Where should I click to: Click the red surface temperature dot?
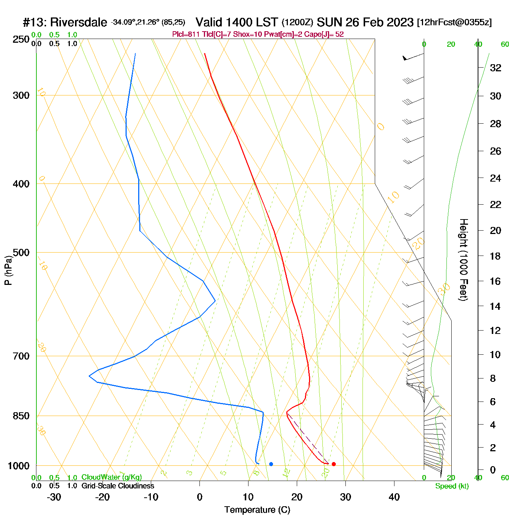334,464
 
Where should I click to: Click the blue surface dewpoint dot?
271,464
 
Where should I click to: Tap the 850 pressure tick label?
21,416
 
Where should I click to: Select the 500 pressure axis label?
21,253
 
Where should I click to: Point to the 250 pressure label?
21,39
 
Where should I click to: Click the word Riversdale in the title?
78,22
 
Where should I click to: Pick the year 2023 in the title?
399,22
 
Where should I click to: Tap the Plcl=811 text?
186,35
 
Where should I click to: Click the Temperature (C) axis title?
257,510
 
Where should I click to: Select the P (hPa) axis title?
8,270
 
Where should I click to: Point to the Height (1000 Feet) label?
464,260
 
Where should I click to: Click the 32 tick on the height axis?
495,68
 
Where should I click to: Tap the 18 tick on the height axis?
495,256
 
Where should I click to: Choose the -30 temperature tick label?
54,497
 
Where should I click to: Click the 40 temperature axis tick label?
394,497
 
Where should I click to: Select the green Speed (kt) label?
452,486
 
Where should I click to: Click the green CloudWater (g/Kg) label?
111,477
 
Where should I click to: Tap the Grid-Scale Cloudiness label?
118,486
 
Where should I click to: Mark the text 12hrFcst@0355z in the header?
454,22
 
